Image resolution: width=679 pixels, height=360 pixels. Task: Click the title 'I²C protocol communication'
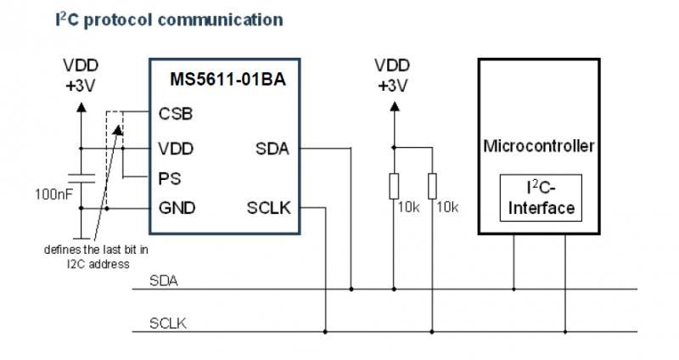click(145, 17)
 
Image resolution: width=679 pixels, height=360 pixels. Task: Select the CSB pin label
click(176, 114)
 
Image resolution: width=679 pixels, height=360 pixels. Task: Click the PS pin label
click(169, 179)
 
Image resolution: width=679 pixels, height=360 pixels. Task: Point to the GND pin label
click(177, 208)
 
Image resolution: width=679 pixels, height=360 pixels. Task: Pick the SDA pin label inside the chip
click(272, 149)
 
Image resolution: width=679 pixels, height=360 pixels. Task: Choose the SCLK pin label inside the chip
click(269, 208)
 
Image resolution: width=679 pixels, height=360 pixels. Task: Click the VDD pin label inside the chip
click(176, 149)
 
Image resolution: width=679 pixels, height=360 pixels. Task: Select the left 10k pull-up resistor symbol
click(393, 185)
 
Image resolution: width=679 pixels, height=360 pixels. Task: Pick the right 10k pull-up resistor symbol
click(432, 185)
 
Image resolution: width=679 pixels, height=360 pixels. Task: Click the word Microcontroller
click(539, 146)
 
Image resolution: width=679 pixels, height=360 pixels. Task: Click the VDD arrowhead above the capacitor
click(81, 107)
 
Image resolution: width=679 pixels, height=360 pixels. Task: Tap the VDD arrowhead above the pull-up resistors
click(393, 107)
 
